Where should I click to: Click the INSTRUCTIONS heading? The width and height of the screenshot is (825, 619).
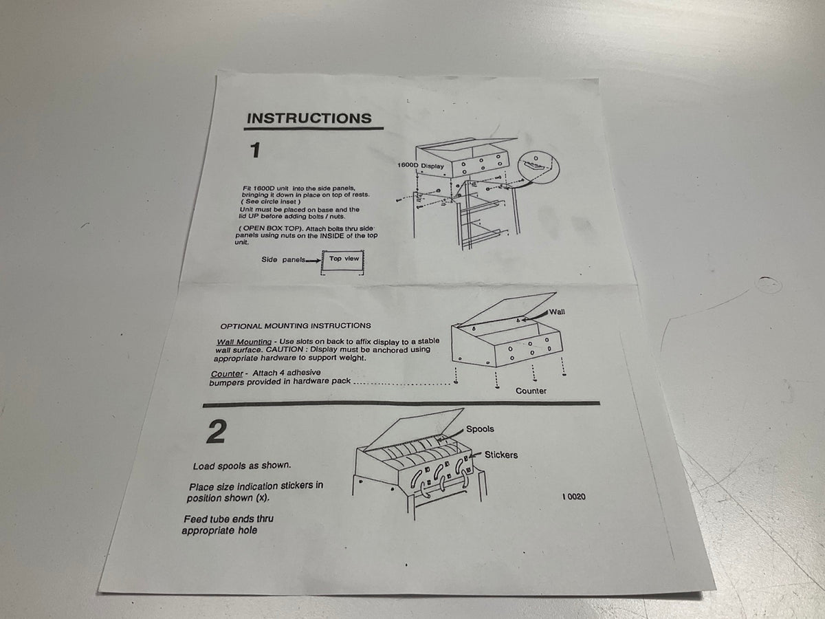309,118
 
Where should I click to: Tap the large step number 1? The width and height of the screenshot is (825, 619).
255,151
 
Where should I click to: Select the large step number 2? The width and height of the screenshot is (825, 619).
217,432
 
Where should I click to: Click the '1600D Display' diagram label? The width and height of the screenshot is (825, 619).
421,165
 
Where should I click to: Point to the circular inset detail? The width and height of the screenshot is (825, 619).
538,166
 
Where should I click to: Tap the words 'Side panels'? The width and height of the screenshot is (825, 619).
283,259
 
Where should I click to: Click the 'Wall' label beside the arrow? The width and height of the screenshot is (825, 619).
557,312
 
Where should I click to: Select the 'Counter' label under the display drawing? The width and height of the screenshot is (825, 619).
531,391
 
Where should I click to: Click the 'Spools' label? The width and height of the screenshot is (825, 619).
480,428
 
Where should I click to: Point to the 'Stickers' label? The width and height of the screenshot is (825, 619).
501,455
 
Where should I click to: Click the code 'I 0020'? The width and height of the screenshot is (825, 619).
574,497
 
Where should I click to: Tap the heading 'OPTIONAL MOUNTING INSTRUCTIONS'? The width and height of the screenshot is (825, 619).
296,326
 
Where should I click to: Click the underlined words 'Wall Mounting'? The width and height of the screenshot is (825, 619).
244,342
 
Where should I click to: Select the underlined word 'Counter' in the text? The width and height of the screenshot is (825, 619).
227,374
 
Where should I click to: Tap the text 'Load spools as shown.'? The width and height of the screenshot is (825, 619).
242,466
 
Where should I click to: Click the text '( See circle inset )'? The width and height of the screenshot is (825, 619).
271,202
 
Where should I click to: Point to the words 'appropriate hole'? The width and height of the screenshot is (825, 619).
219,530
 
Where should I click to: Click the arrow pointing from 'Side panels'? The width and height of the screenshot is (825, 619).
313,261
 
